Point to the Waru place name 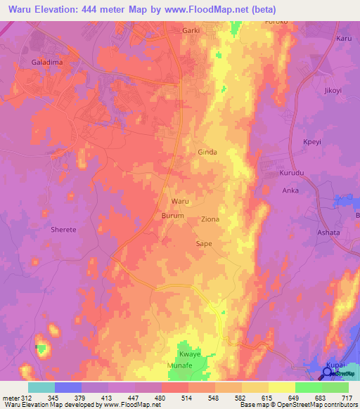coord(181,201)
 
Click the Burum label coord(172,216)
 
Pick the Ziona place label coord(210,219)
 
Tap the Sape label coord(203,243)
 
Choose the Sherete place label coord(63,229)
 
